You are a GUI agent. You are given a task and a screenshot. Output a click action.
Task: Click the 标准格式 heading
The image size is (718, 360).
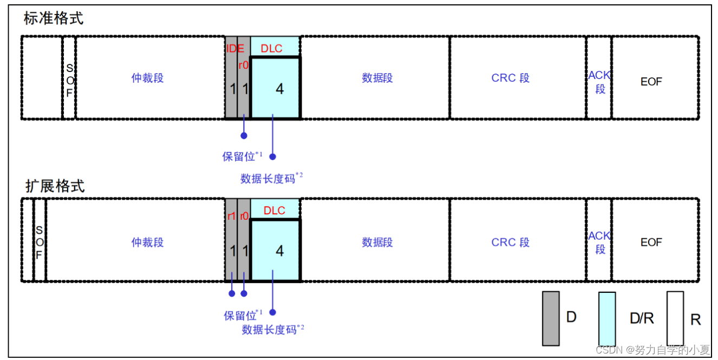click(x=54, y=18)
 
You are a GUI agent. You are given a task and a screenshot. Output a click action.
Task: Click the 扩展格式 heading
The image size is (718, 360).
click(x=55, y=186)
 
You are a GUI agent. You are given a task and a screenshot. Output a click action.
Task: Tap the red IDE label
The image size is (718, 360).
click(x=235, y=48)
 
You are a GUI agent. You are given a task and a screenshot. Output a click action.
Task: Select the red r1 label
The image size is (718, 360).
click(x=231, y=215)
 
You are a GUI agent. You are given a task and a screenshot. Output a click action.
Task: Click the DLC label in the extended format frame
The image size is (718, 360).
click(x=274, y=211)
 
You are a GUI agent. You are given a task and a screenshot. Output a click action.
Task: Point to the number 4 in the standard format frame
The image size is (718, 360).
click(x=279, y=88)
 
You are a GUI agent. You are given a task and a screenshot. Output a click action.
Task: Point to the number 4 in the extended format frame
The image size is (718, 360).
click(x=279, y=251)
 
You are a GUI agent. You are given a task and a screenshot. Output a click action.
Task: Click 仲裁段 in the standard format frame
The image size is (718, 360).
click(x=147, y=78)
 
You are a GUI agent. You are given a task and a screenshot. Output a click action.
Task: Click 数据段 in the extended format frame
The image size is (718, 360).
click(x=377, y=242)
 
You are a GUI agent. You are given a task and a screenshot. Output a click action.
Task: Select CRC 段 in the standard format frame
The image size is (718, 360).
click(x=510, y=78)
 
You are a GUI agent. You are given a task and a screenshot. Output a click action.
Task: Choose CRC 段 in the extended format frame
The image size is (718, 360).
click(x=510, y=242)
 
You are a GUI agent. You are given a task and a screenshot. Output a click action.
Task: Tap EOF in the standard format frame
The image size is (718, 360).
click(x=651, y=82)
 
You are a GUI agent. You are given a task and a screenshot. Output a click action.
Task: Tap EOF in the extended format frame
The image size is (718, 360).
click(x=651, y=242)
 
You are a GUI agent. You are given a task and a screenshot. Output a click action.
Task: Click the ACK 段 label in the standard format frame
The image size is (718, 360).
click(x=599, y=82)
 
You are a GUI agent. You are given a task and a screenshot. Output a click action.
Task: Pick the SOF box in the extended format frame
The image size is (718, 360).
click(x=39, y=241)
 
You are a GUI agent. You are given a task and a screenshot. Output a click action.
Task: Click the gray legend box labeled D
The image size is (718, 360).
click(x=551, y=318)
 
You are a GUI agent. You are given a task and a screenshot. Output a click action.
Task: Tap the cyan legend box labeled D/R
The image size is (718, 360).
click(x=606, y=318)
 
